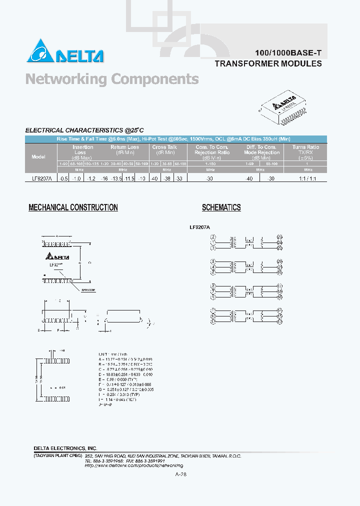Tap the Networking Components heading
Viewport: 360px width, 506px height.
(x=112, y=79)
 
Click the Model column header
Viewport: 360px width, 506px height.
(x=38, y=156)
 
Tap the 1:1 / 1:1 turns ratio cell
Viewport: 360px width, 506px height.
(x=305, y=178)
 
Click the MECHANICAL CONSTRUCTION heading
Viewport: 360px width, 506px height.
(x=73, y=207)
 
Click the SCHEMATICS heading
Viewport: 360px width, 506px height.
(x=221, y=207)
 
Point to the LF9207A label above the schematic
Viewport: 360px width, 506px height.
(x=200, y=226)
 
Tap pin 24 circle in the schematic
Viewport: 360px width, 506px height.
(x=279, y=242)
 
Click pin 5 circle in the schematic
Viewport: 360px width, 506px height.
(x=213, y=261)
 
